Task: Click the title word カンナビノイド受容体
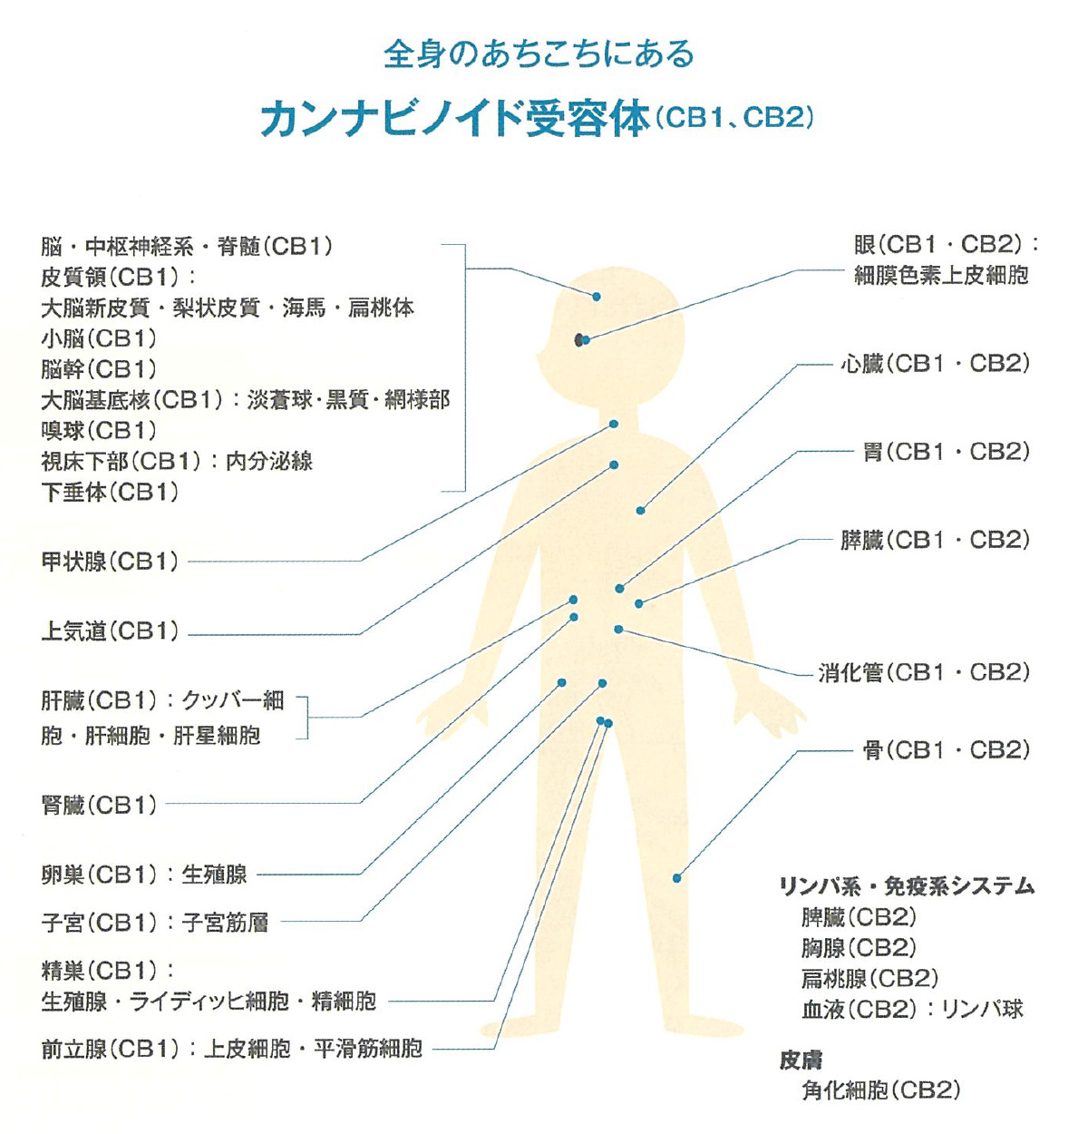(455, 119)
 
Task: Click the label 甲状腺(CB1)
(110, 562)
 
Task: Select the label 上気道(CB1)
(110, 631)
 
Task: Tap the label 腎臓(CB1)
(99, 805)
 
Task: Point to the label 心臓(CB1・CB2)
(935, 364)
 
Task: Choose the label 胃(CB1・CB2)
(946, 452)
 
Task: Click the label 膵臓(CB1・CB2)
(935, 540)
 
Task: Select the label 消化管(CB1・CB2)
(924, 673)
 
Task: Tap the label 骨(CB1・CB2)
(946, 750)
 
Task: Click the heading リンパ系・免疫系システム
(907, 886)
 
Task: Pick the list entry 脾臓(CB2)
(859, 917)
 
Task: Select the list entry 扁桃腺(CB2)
(869, 978)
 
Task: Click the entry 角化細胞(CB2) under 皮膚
(880, 1090)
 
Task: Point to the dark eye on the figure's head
(578, 339)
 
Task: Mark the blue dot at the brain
(597, 297)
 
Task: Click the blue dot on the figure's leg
(676, 878)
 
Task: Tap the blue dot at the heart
(641, 511)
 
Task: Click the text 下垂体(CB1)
(110, 493)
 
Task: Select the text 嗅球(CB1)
(99, 431)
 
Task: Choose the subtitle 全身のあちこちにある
(539, 54)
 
